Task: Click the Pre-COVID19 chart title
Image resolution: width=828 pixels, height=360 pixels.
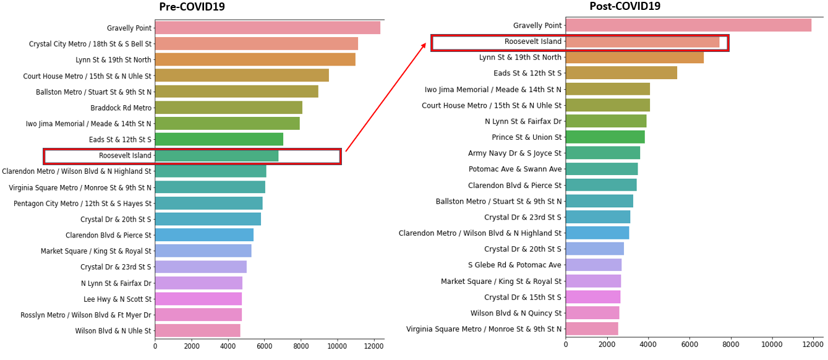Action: (x=192, y=7)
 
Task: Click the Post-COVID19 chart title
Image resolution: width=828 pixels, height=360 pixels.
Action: (x=625, y=7)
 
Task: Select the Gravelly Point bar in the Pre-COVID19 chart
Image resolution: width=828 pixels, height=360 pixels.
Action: (x=267, y=28)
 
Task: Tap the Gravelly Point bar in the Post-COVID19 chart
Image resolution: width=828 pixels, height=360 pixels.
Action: (x=688, y=25)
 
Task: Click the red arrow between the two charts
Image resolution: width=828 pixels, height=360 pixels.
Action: (x=386, y=97)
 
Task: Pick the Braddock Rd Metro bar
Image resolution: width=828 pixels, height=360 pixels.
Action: (x=228, y=108)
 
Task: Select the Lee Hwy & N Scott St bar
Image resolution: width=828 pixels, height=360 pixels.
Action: (x=198, y=299)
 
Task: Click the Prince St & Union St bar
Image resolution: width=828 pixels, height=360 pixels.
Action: (x=605, y=137)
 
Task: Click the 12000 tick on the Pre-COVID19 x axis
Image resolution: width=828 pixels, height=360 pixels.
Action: (x=373, y=346)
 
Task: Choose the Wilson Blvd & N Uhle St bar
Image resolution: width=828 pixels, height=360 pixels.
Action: (x=197, y=331)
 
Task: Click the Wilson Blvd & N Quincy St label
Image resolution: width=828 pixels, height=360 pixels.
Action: (x=516, y=313)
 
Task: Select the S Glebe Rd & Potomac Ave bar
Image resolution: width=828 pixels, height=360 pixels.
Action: (x=593, y=265)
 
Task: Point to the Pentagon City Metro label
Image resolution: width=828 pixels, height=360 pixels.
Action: (x=82, y=204)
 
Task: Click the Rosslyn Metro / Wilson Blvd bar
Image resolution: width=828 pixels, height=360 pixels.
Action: (x=198, y=315)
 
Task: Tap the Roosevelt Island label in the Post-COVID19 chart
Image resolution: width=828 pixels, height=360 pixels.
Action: (x=533, y=42)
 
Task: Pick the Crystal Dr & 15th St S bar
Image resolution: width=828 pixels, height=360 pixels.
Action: (x=592, y=297)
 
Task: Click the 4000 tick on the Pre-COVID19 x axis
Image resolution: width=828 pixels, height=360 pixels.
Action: (x=228, y=346)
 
